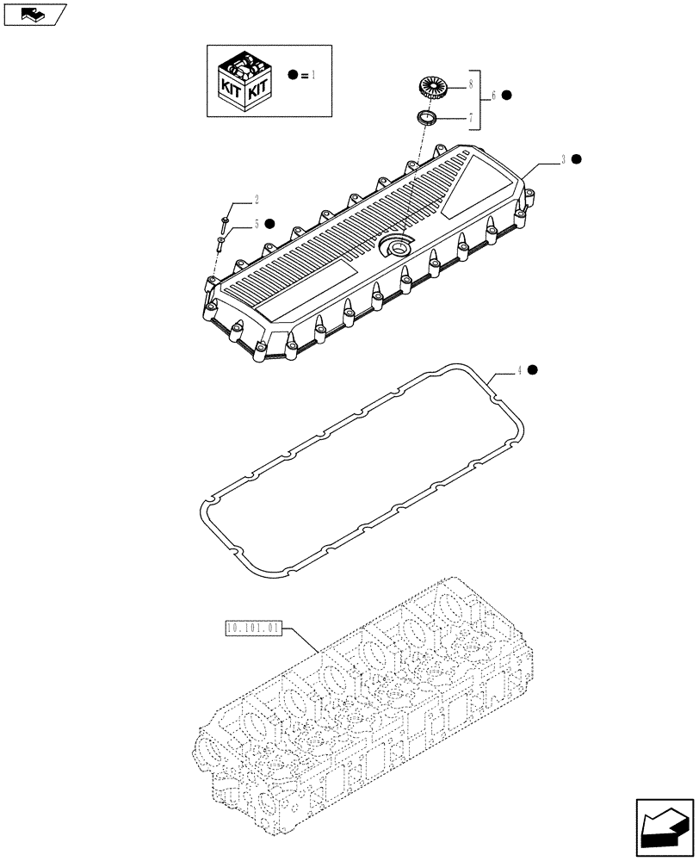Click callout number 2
[256, 200]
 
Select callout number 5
[256, 225]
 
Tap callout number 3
[563, 158]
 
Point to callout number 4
[519, 370]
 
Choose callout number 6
[493, 96]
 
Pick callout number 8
[469, 85]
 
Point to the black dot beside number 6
[507, 95]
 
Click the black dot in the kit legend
[294, 76]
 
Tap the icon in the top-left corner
[34, 13]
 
